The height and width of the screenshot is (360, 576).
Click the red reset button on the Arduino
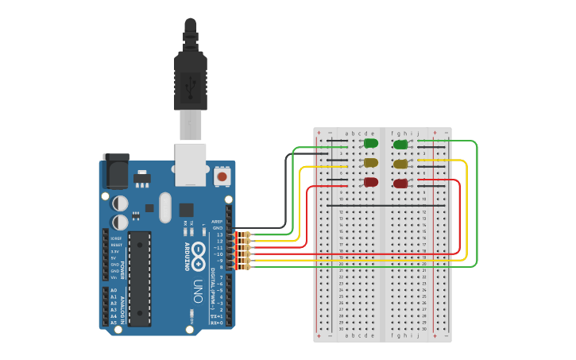click(x=222, y=176)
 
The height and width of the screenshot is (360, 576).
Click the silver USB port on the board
click(x=191, y=164)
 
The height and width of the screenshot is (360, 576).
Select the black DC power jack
click(x=115, y=170)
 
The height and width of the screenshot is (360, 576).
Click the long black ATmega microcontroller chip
click(x=140, y=278)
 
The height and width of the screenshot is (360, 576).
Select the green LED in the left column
click(x=370, y=143)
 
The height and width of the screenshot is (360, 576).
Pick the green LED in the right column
click(x=400, y=144)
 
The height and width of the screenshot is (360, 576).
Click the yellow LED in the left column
click(x=370, y=162)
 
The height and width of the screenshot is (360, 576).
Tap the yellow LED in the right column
click(x=400, y=164)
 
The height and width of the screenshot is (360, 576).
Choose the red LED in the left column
click(x=370, y=182)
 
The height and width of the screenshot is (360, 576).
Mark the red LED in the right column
click(x=400, y=183)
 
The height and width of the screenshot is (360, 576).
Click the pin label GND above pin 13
click(x=218, y=228)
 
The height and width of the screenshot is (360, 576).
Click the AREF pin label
click(x=217, y=222)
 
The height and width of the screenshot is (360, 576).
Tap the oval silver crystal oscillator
click(x=164, y=208)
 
